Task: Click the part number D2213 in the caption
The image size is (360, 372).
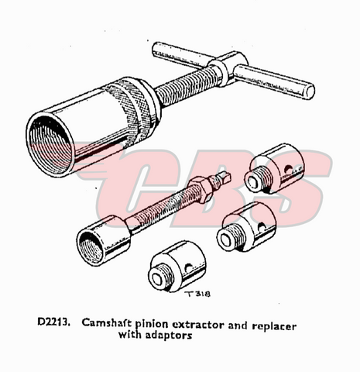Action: pyautogui.click(x=54, y=322)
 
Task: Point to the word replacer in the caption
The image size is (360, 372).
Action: pyautogui.click(x=274, y=326)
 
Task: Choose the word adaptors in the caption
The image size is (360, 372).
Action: pyautogui.click(x=169, y=336)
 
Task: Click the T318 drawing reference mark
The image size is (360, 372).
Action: pyautogui.click(x=198, y=294)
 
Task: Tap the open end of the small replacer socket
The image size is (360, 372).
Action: pyautogui.click(x=91, y=247)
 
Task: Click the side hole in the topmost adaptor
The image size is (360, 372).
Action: pyautogui.click(x=287, y=169)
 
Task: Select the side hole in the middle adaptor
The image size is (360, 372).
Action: pyautogui.click(x=262, y=227)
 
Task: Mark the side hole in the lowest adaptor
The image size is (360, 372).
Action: pyautogui.click(x=188, y=269)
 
